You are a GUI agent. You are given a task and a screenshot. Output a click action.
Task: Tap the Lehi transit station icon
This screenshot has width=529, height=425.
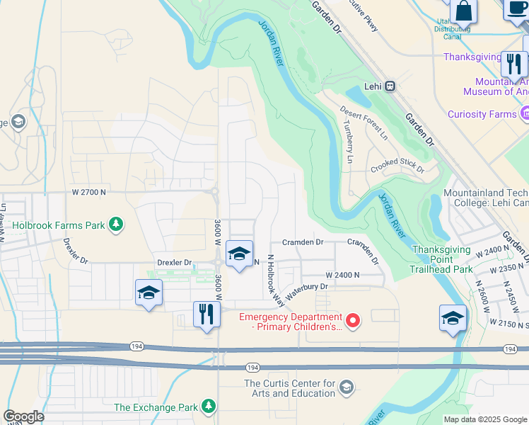click(x=390, y=86)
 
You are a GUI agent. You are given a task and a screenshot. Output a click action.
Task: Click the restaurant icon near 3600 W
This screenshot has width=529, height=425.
click(x=207, y=314)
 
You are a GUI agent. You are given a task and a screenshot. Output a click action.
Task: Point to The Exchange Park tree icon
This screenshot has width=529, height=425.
click(x=208, y=406)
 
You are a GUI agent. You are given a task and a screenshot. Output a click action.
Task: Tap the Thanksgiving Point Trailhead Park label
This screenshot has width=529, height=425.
click(x=442, y=259)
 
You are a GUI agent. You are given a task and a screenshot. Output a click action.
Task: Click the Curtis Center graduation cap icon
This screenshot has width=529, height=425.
click(x=346, y=387)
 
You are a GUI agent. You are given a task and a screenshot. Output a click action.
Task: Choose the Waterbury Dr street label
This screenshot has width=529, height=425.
click(x=307, y=287)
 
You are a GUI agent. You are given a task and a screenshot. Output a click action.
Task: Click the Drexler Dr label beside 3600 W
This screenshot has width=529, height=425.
click(x=174, y=263)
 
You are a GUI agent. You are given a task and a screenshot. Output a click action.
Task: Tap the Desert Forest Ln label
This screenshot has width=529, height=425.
click(x=364, y=122)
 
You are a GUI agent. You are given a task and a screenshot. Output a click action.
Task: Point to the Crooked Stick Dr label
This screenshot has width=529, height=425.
click(x=397, y=165)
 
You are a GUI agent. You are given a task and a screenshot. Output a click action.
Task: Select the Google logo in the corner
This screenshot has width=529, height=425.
click(x=23, y=416)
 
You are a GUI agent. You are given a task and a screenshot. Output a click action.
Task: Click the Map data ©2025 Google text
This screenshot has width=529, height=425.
click(x=485, y=419)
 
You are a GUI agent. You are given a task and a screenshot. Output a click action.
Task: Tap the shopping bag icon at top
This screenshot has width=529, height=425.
click(x=464, y=11)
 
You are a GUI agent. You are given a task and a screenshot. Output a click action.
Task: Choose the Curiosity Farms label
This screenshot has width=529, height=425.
click(x=482, y=114)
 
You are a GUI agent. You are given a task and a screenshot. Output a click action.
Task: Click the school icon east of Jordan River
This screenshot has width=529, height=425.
click(x=453, y=318)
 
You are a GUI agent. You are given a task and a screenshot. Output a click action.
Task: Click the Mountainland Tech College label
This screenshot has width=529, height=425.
click(x=485, y=198)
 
